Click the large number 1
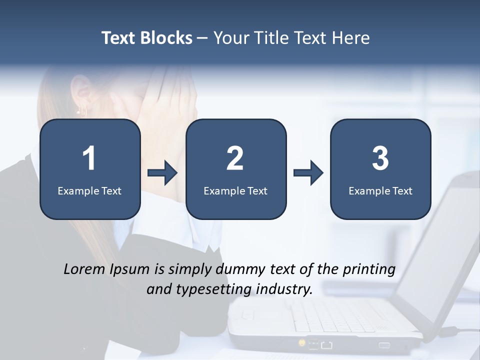[89, 158]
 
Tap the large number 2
[235, 158]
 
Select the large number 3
[380, 158]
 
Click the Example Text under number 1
[89, 190]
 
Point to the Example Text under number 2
[235, 190]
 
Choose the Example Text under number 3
[380, 190]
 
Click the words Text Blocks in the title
[146, 38]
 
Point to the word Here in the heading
[350, 38]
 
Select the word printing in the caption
[368, 270]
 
